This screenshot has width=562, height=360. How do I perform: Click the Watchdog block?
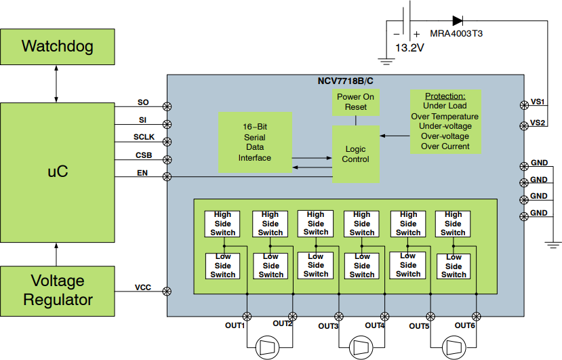point(57,47)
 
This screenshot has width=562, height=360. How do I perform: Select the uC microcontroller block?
point(57,172)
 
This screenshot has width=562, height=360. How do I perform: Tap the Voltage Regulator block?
point(57,290)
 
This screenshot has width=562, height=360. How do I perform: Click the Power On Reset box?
point(355,102)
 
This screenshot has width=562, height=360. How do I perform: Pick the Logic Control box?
point(355,154)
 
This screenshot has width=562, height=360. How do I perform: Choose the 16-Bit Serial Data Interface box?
point(255,142)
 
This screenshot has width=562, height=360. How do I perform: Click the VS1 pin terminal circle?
point(523,105)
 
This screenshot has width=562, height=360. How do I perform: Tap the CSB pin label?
point(144,155)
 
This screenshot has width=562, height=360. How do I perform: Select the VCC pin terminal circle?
point(167,292)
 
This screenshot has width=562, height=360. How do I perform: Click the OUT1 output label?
point(235,325)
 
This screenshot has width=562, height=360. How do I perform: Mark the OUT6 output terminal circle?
point(476,316)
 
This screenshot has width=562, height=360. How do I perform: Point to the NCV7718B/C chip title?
point(345,81)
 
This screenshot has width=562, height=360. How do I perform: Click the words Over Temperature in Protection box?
point(445,116)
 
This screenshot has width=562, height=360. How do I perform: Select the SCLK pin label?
point(144,138)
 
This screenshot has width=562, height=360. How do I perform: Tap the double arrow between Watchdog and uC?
point(57,85)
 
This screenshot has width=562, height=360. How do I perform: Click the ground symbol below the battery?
point(387,62)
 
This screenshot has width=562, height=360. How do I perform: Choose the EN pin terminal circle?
point(167,177)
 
